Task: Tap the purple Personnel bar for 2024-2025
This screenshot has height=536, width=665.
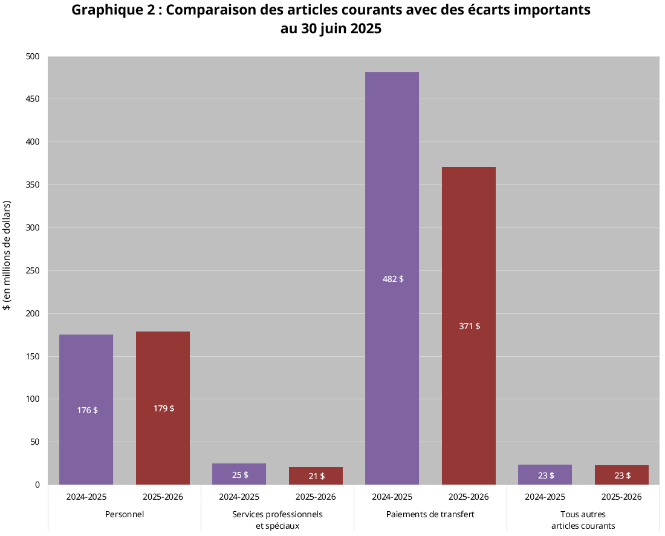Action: point(86,375)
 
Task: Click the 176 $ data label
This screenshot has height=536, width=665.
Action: point(87,410)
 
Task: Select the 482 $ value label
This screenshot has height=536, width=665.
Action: point(393,279)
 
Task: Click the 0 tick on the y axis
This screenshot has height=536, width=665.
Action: point(37,485)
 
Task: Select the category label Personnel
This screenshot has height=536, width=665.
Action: point(125,514)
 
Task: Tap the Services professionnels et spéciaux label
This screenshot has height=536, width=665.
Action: point(277,520)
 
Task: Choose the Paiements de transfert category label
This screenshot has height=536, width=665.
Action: point(430,514)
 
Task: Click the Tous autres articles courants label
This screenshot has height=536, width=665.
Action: point(583,520)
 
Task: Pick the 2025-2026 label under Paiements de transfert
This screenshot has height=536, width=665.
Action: point(469,497)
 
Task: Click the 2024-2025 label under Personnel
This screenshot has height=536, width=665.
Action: point(86,497)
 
